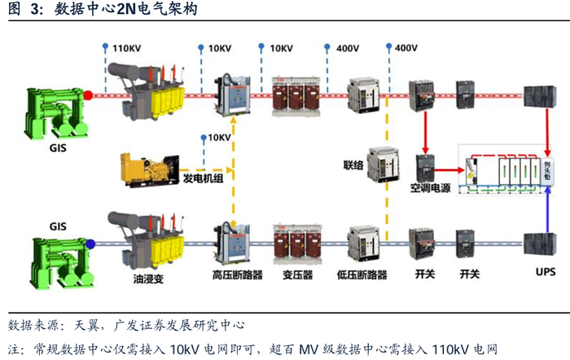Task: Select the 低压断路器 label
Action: click(x=362, y=274)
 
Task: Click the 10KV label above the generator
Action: click(x=220, y=138)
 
